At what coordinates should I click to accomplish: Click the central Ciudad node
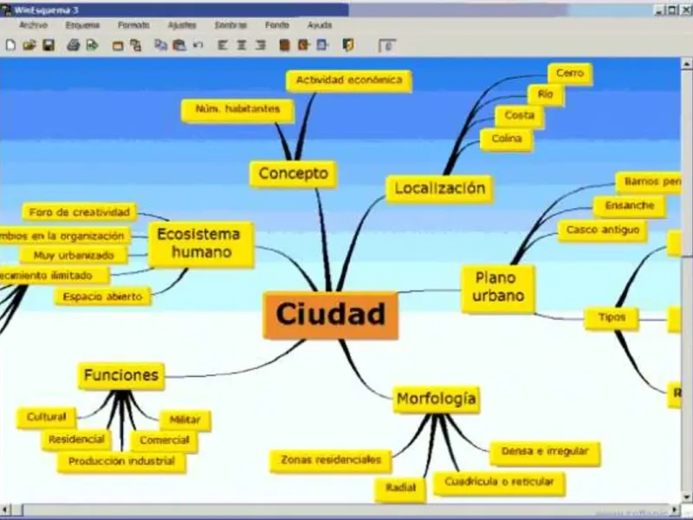[330, 315]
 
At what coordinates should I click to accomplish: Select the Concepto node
[293, 173]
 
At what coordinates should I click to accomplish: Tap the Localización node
[439, 188]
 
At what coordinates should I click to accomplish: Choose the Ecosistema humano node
[200, 244]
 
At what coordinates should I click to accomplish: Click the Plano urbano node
[497, 288]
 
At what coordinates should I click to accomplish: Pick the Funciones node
[120, 375]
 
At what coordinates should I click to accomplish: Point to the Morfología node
[436, 399]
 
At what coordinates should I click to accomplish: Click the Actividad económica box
[348, 80]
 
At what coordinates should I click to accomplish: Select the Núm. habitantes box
[237, 110]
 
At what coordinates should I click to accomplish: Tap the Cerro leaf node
[569, 74]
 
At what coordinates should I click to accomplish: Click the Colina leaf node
[506, 139]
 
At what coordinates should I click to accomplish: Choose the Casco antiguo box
[602, 231]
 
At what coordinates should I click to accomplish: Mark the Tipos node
[611, 318]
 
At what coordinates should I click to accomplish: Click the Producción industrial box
[121, 462]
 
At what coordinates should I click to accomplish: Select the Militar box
[185, 419]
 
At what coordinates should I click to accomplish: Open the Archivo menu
[33, 26]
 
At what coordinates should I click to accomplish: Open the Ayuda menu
[319, 26]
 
